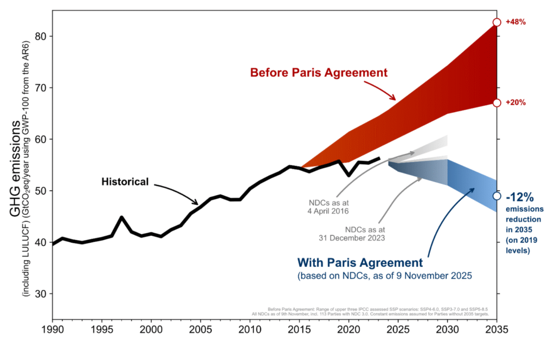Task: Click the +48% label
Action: point(515,22)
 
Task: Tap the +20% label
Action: point(515,102)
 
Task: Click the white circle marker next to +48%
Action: point(497,22)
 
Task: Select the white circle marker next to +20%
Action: point(497,102)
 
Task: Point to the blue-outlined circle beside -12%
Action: point(497,196)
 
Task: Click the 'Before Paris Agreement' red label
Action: point(319,72)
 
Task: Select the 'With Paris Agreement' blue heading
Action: point(360,263)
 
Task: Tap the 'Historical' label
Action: point(125,182)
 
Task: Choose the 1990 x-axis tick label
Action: point(53,329)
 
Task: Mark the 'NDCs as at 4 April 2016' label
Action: point(328,206)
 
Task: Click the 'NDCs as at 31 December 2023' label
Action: point(354,233)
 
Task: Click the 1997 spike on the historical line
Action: point(122,217)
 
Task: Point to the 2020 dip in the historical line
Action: point(349,175)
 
